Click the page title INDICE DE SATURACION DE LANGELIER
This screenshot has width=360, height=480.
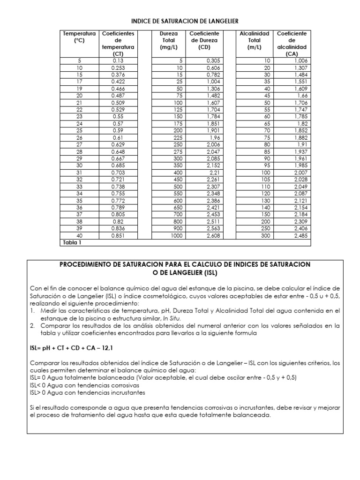[184, 21]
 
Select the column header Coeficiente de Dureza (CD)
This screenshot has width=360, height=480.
[204, 40]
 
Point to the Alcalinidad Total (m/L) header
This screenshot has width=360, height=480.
[254, 40]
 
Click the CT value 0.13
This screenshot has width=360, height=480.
[118, 60]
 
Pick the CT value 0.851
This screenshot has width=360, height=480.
[118, 236]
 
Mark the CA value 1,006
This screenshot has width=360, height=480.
[301, 60]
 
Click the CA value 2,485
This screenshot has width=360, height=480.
[301, 236]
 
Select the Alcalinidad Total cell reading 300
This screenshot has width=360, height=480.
[266, 236]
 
